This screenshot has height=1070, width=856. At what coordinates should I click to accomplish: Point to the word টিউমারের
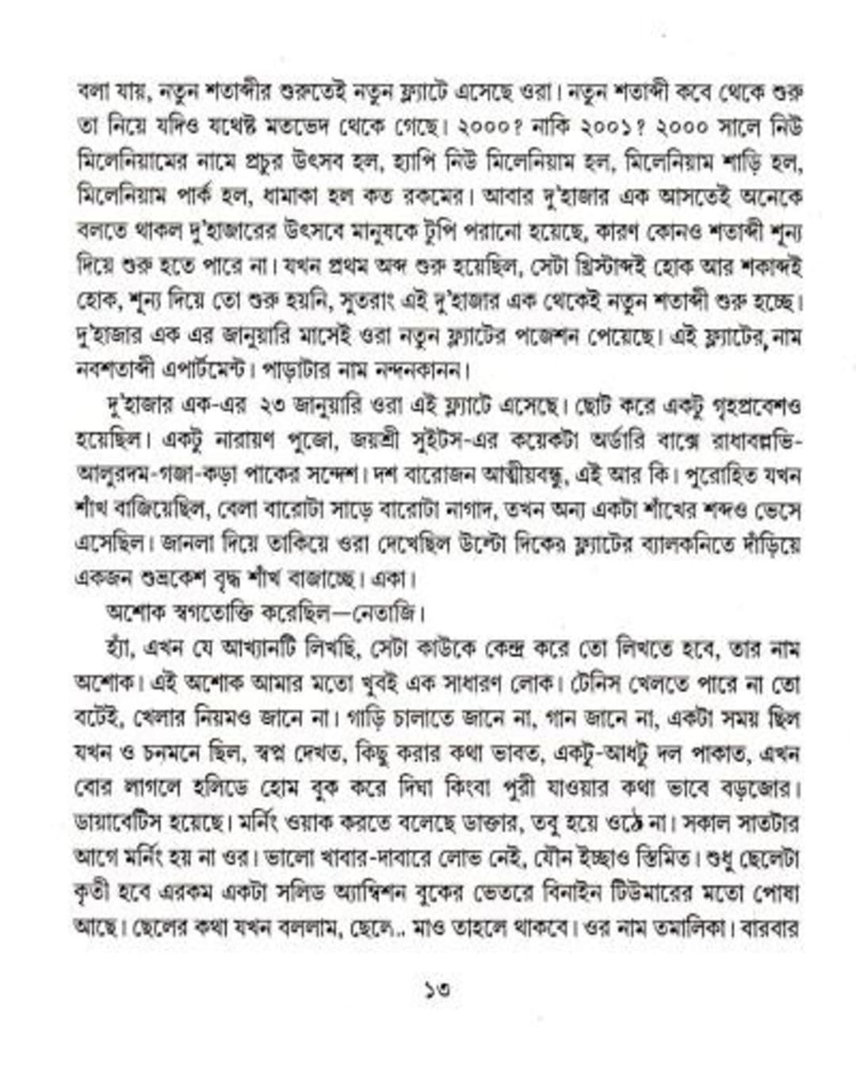tap(643, 891)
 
